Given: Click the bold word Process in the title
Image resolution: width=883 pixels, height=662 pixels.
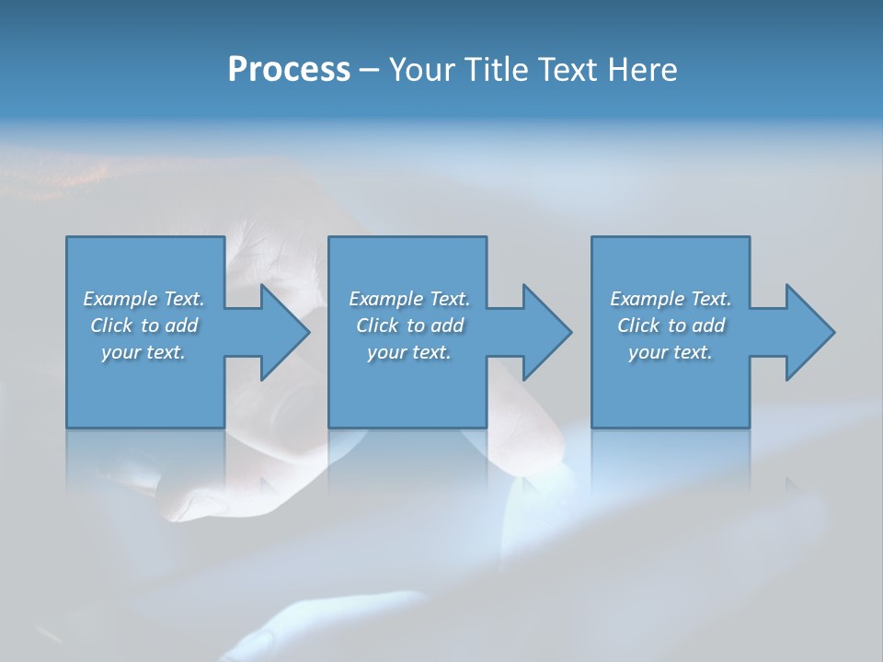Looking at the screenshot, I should coord(289,70).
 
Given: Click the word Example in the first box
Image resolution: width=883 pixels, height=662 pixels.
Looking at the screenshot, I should coord(120,299).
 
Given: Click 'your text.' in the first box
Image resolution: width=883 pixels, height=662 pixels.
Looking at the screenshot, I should coord(143,352).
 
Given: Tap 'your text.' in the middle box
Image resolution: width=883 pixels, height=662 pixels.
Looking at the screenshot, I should coord(409,352).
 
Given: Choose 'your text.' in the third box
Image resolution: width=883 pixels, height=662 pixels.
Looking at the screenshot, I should coord(671,352).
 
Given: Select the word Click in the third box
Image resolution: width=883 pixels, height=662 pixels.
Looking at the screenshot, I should coord(638,325).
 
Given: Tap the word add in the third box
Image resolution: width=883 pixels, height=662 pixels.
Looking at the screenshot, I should coord(709,325).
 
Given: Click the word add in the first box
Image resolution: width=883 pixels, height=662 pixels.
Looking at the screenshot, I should coord(182,325).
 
